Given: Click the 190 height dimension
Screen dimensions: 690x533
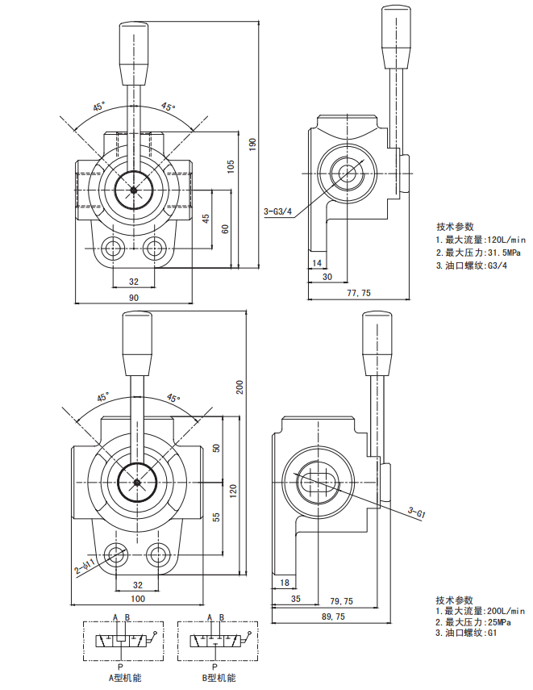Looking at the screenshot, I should pyautogui.click(x=252, y=144).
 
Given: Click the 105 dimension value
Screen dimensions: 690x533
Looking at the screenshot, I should pyautogui.click(x=231, y=166).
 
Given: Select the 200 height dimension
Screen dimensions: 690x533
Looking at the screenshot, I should pyautogui.click(x=239, y=387).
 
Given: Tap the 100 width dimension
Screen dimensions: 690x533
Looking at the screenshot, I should pyautogui.click(x=137, y=598).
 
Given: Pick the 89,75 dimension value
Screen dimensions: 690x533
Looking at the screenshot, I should pyautogui.click(x=332, y=617).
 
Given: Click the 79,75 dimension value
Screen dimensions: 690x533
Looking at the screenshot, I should pyautogui.click(x=342, y=600).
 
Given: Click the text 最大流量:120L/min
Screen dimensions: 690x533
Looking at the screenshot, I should pyautogui.click(x=484, y=239).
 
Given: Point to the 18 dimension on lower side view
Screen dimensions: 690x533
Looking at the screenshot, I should pyautogui.click(x=284, y=583).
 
